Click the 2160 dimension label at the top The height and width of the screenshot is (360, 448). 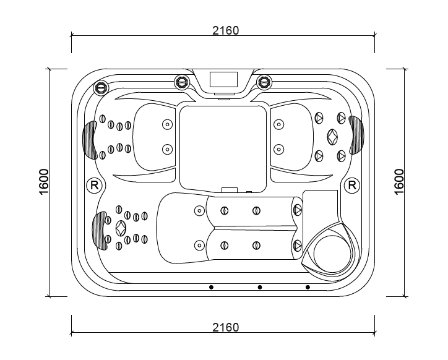click(x=225, y=30)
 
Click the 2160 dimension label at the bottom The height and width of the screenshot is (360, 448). click(x=225, y=327)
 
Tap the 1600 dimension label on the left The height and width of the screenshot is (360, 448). click(x=44, y=182)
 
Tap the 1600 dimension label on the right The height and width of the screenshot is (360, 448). click(x=399, y=182)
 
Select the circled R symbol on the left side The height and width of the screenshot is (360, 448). click(x=94, y=186)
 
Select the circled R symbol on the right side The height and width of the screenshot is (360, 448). click(x=352, y=186)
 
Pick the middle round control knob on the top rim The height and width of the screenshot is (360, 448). click(x=182, y=82)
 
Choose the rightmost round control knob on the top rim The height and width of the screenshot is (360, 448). click(x=264, y=82)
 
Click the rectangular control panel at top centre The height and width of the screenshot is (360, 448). click(x=223, y=79)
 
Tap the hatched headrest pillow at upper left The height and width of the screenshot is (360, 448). click(x=90, y=140)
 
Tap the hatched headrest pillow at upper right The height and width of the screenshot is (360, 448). click(x=356, y=135)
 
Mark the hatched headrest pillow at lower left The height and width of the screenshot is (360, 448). click(x=100, y=231)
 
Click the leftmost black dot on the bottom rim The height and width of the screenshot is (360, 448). click(x=211, y=287)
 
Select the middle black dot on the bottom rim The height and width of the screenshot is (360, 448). click(x=260, y=287)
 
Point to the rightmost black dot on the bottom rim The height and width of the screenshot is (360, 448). click(x=308, y=287)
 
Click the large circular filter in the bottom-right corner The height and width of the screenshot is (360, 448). click(x=332, y=254)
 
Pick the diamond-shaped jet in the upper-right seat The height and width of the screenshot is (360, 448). click(x=332, y=137)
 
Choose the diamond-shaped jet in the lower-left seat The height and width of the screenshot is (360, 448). click(x=121, y=228)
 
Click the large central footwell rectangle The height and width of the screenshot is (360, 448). click(x=223, y=149)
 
